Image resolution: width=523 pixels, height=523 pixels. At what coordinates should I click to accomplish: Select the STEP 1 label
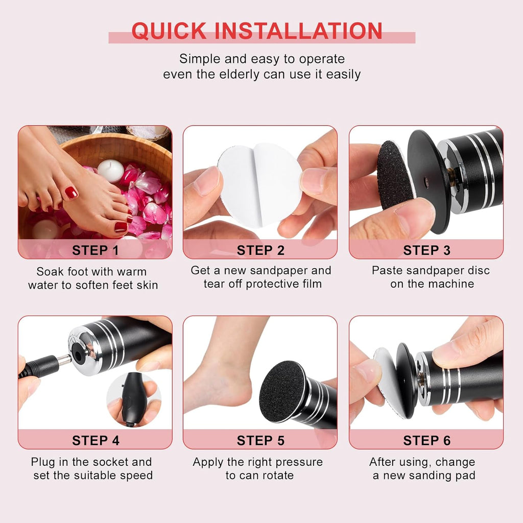coord(96,250)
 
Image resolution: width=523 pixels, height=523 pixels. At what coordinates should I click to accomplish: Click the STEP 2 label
coord(260,250)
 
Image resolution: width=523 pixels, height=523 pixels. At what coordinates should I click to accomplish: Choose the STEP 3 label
coord(426,250)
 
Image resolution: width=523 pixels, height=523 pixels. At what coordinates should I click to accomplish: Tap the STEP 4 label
coord(96,440)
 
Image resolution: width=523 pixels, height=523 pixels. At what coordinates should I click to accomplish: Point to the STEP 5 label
coord(260,440)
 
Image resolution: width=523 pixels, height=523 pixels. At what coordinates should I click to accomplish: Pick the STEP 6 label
coord(426,440)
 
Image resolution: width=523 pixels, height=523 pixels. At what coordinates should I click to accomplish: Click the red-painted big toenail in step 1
coord(72,193)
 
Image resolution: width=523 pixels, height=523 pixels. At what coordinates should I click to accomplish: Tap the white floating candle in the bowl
coord(110,171)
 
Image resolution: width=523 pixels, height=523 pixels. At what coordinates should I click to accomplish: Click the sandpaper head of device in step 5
coord(282,391)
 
